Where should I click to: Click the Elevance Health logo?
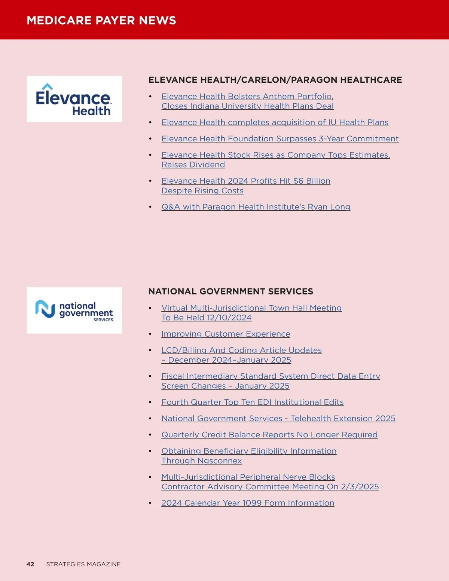pyautogui.click(x=74, y=99)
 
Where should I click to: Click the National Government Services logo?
pyautogui.click(x=74, y=311)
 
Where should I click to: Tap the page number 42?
pyautogui.click(x=30, y=564)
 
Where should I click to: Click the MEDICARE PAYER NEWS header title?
pyautogui.click(x=101, y=20)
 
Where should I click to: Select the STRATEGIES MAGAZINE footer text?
pyautogui.click(x=83, y=564)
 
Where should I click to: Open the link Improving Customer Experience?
pyautogui.click(x=226, y=334)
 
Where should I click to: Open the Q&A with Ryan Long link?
pyautogui.click(x=256, y=207)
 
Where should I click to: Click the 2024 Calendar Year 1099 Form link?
pyautogui.click(x=248, y=503)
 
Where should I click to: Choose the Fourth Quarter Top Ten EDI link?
pyautogui.click(x=252, y=402)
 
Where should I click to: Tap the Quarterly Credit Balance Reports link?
pyautogui.click(x=269, y=435)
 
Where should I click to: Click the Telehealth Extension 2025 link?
pyautogui.click(x=343, y=418)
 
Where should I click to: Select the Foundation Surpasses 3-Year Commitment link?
pyautogui.click(x=280, y=139)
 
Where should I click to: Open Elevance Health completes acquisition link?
pyautogui.click(x=275, y=122)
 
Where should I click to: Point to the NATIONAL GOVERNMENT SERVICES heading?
pyautogui.click(x=231, y=291)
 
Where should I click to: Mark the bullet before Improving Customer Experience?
pyautogui.click(x=150, y=334)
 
